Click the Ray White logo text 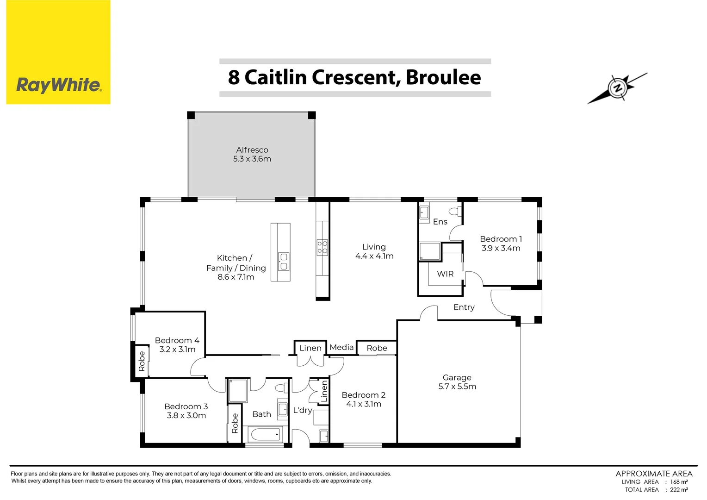(x=58, y=85)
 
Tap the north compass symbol (x=617, y=88)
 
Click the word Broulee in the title (x=443, y=77)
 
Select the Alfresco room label (x=252, y=150)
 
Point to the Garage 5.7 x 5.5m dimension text (x=457, y=387)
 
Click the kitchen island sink (x=283, y=262)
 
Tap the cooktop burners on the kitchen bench (x=322, y=247)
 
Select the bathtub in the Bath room (x=264, y=434)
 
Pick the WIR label (x=445, y=274)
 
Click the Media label (x=341, y=347)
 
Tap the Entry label (x=464, y=307)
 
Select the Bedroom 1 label (x=501, y=239)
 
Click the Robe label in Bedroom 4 (x=142, y=361)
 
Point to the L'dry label (x=303, y=410)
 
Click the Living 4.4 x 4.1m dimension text (x=374, y=256)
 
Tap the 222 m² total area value (x=679, y=490)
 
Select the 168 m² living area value (x=679, y=482)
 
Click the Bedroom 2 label (x=363, y=395)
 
